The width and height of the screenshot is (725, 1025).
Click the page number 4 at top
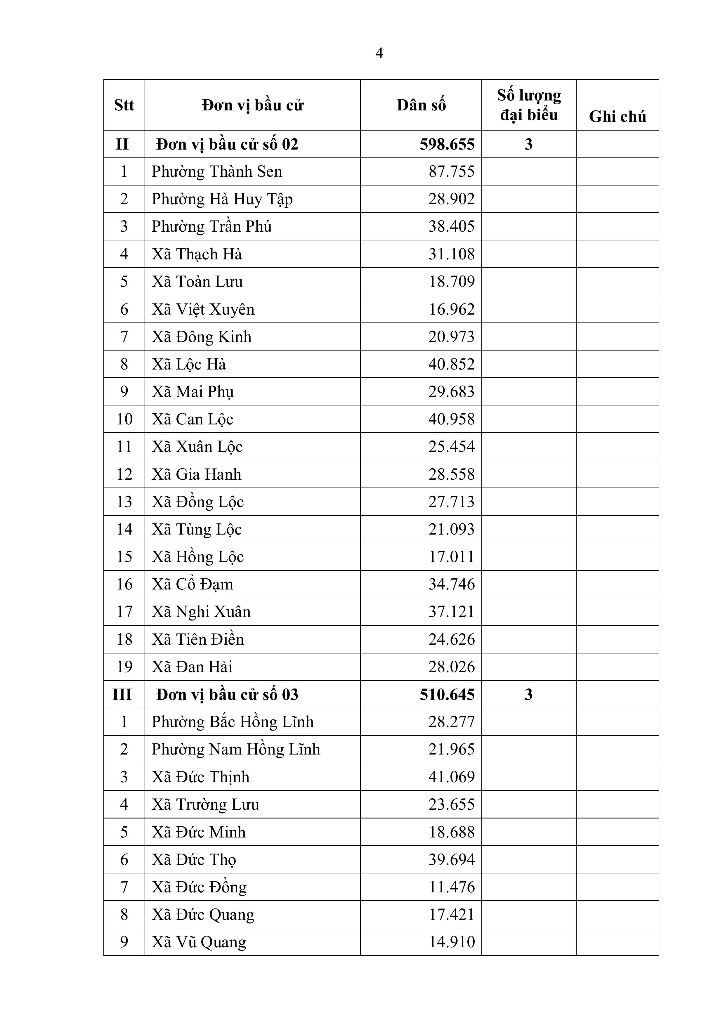click(379, 53)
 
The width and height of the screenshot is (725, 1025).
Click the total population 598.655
click(447, 145)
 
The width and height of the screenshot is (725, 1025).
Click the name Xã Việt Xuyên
click(203, 309)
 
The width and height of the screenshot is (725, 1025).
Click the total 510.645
click(447, 695)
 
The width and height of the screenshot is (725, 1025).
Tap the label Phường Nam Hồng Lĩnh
click(236, 750)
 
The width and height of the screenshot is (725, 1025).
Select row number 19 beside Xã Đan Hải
click(124, 667)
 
